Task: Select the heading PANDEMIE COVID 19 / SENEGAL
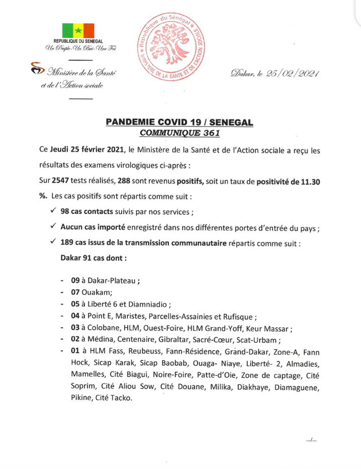coord(179,122)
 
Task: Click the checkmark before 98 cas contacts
coord(53,211)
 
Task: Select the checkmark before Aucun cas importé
coord(53,227)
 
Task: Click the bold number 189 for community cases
coord(67,243)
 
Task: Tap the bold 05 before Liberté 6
coord(75,304)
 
